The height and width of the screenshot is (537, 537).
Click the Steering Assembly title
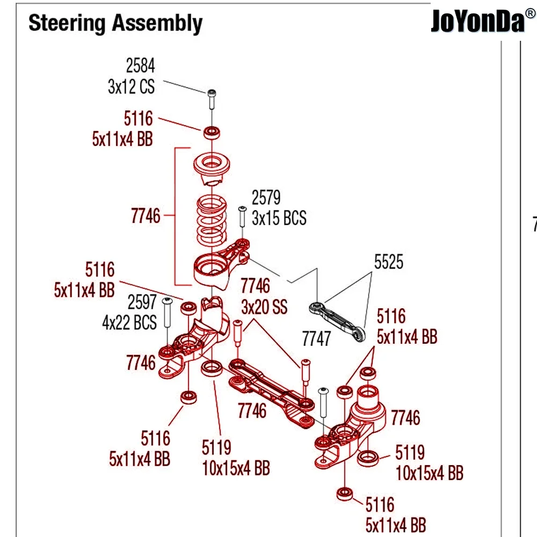115,24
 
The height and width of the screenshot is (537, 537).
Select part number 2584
140,66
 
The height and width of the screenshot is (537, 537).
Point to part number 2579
266,198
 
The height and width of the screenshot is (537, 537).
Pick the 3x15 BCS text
279,218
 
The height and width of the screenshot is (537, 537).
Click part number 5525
389,263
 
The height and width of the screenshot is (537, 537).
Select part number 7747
317,339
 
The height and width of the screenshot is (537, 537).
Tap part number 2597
142,302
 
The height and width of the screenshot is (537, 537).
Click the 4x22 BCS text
129,322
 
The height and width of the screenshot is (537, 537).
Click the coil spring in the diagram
213,220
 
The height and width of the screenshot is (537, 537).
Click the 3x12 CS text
131,86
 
